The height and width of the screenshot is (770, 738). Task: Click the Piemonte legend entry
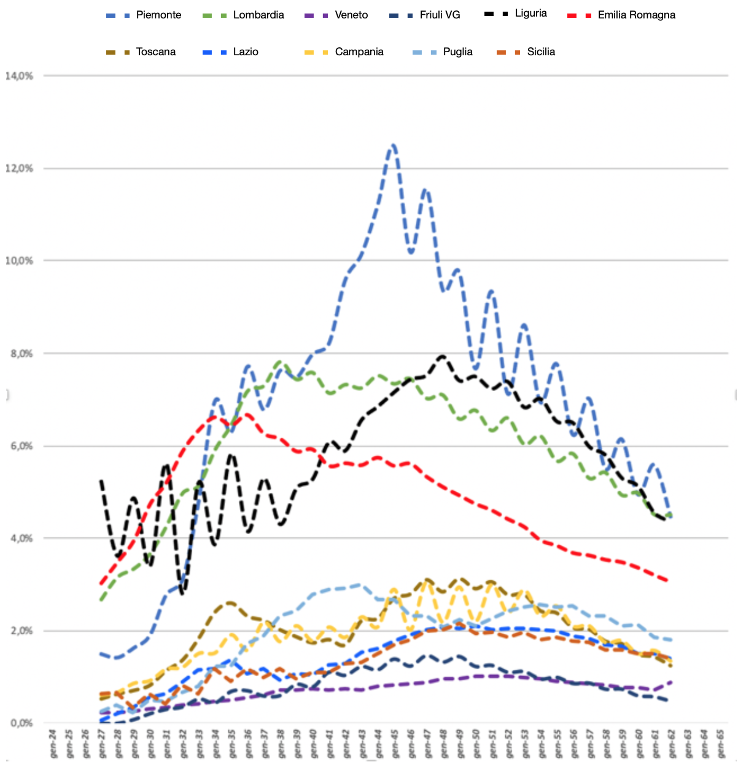[158, 15]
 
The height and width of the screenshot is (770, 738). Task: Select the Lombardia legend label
[258, 15]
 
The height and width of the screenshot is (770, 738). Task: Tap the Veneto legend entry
[351, 15]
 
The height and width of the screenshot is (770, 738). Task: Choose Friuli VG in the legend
[440, 15]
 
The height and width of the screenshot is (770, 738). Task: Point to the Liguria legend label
[530, 14]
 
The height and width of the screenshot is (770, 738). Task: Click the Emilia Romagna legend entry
[636, 15]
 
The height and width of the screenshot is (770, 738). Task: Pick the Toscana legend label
[156, 52]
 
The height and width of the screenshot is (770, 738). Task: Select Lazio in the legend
[246, 52]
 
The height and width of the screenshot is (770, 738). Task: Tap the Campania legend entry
[359, 52]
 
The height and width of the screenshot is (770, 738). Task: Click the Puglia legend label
[457, 52]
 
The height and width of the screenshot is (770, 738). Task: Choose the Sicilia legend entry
[541, 52]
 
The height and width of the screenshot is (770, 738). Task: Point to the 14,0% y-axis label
[19, 76]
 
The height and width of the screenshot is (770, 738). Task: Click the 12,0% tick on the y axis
[19, 168]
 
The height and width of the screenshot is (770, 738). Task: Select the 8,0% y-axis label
[19, 354]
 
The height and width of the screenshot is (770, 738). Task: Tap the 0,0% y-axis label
[20, 723]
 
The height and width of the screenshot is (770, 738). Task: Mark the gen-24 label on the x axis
[53, 743]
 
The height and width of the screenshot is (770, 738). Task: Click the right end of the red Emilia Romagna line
[668, 580]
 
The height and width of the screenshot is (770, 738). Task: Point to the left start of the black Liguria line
[101, 481]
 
